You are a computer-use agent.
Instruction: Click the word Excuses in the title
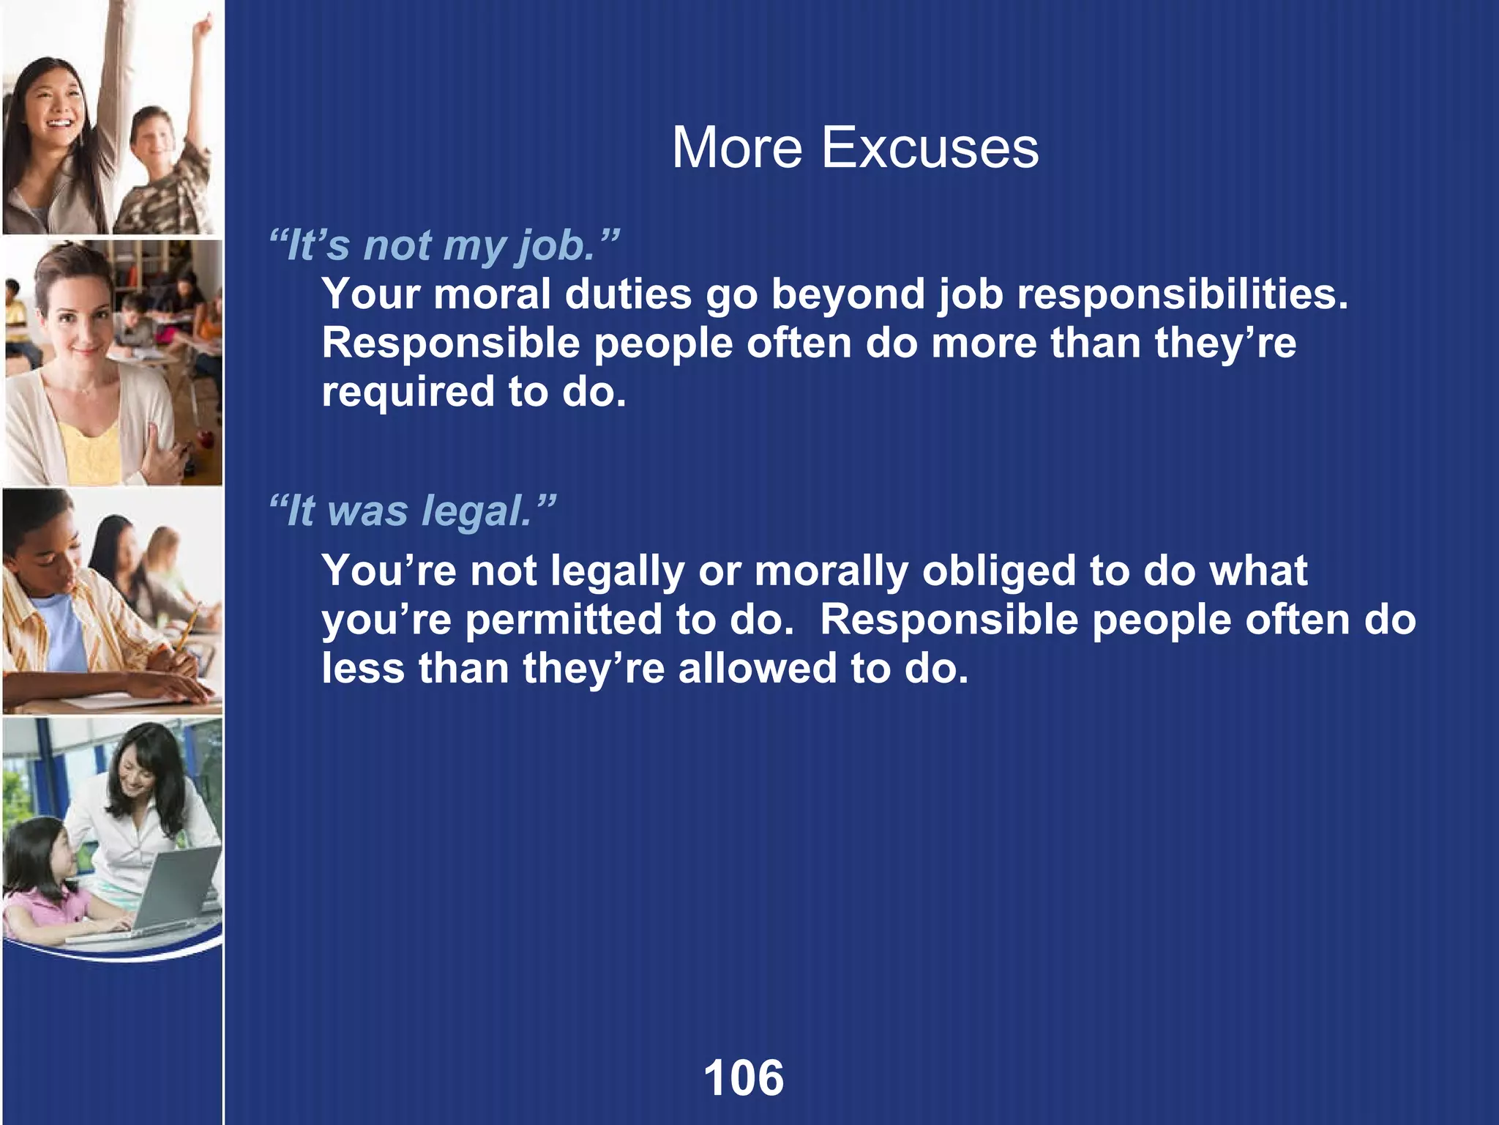click(x=930, y=148)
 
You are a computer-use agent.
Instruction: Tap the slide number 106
click(x=744, y=1078)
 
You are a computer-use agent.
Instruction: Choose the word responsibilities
click(x=1181, y=294)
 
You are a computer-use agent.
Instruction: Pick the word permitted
click(x=563, y=620)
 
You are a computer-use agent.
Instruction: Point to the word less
click(x=363, y=669)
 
